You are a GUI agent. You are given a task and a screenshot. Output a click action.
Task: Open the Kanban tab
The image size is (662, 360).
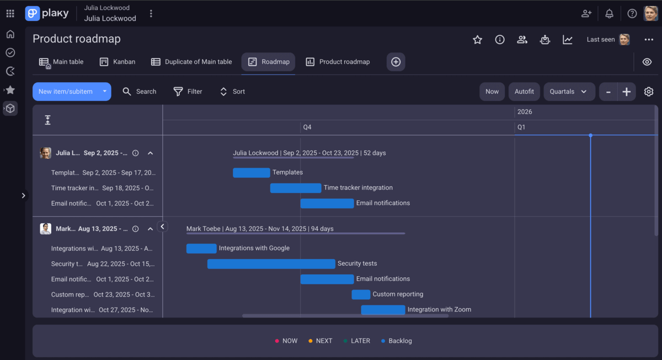pyautogui.click(x=118, y=62)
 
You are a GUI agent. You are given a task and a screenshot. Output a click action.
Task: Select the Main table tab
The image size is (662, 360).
pyautogui.click(x=61, y=62)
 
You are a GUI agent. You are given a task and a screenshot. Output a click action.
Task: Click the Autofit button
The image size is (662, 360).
pyautogui.click(x=524, y=92)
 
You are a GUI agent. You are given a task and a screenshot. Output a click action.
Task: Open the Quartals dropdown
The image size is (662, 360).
pyautogui.click(x=569, y=92)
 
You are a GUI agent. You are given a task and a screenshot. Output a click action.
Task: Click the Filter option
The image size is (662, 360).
pyautogui.click(x=188, y=92)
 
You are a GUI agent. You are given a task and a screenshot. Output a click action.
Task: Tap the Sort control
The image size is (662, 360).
pyautogui.click(x=232, y=92)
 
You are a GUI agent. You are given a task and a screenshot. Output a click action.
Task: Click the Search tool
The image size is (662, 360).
pyautogui.click(x=140, y=92)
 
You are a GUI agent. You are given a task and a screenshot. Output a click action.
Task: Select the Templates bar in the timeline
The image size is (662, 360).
pyautogui.click(x=252, y=173)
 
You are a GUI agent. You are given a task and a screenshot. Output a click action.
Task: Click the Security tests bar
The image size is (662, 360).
pyautogui.click(x=271, y=264)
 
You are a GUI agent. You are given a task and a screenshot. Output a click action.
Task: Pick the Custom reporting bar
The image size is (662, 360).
pyautogui.click(x=361, y=294)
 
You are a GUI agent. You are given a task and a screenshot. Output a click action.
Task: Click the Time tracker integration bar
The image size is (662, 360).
pyautogui.click(x=296, y=188)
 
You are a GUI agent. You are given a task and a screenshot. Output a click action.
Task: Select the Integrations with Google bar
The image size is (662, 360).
pyautogui.click(x=201, y=248)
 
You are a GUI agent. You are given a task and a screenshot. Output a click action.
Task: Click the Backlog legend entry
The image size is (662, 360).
pyautogui.click(x=397, y=341)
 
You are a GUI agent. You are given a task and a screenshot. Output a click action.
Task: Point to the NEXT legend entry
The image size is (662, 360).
pyautogui.click(x=321, y=341)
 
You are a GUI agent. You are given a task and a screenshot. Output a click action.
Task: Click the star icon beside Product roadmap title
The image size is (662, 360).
pyautogui.click(x=478, y=40)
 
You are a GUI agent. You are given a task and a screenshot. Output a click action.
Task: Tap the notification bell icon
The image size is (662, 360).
pyautogui.click(x=609, y=14)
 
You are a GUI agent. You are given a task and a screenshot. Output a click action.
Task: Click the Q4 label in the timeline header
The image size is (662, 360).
pyautogui.click(x=307, y=127)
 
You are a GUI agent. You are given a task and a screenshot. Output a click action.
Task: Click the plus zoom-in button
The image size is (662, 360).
pyautogui.click(x=627, y=92)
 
